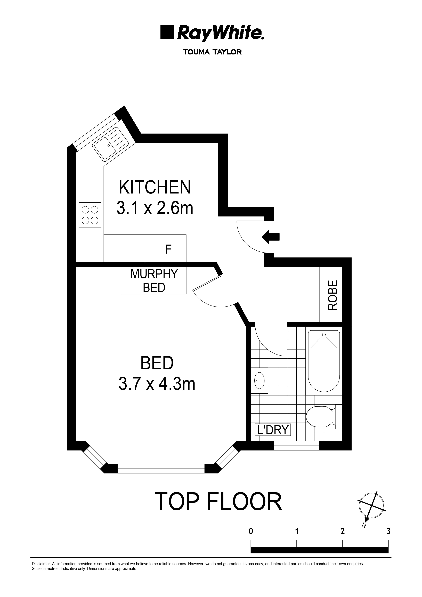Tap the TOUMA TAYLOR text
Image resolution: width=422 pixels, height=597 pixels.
tap(212, 52)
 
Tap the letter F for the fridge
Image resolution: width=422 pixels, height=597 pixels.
tap(168, 249)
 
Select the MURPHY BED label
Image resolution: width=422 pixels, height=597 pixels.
tap(154, 281)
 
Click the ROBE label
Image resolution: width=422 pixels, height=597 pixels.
tap(332, 295)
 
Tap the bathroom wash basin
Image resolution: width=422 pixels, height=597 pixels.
tap(259, 380)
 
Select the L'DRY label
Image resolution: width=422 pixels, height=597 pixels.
tap(273, 430)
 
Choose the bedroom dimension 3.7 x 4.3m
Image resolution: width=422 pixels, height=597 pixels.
tap(157, 384)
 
